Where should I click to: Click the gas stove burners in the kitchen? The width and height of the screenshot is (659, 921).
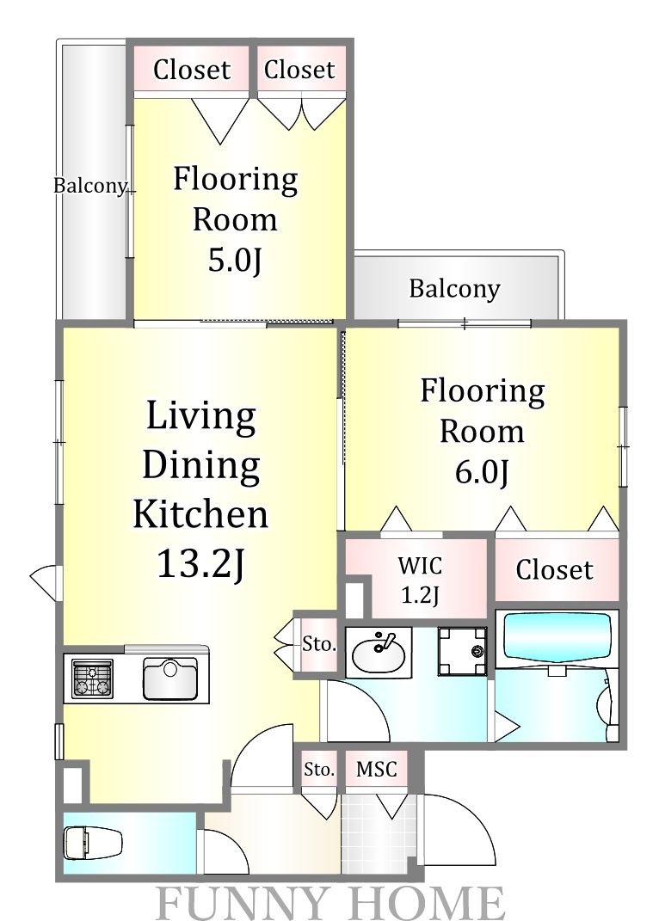pyautogui.click(x=92, y=679)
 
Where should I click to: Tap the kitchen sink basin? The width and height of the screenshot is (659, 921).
pyautogui.click(x=170, y=679)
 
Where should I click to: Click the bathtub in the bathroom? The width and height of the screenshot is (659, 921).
pyautogui.click(x=557, y=641)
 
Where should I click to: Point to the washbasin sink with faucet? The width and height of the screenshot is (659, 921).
pyautogui.click(x=378, y=654)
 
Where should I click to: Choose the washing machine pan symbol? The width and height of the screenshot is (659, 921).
pyautogui.click(x=462, y=651)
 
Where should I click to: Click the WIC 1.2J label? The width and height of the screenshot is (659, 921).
pyautogui.click(x=420, y=580)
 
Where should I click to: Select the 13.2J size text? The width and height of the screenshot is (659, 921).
pyautogui.click(x=200, y=563)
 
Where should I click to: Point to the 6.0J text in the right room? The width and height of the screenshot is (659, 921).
pyautogui.click(x=482, y=471)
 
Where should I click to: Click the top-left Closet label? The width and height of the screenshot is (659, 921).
pyautogui.click(x=192, y=70)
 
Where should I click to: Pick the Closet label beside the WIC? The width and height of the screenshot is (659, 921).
pyautogui.click(x=554, y=569)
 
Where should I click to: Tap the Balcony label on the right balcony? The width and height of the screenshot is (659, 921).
pyautogui.click(x=454, y=288)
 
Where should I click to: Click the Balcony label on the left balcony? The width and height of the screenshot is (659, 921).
pyautogui.click(x=90, y=186)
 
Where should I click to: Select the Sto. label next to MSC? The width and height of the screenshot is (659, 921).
pyautogui.click(x=319, y=769)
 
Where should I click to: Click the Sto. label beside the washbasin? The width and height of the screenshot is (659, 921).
pyautogui.click(x=319, y=644)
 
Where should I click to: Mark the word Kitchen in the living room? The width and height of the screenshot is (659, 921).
pyautogui.click(x=200, y=513)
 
